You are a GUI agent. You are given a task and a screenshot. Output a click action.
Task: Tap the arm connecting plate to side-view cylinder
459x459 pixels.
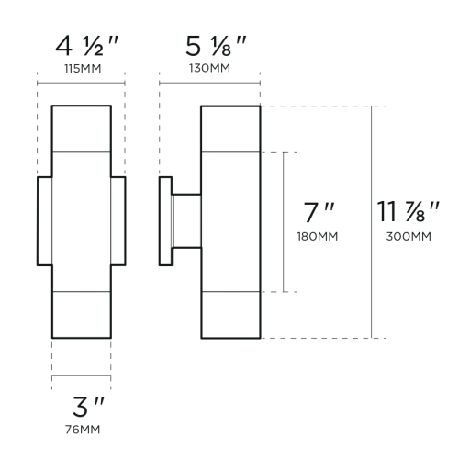click(185, 221)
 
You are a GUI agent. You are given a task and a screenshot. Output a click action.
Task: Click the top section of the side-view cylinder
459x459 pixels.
click(231, 129)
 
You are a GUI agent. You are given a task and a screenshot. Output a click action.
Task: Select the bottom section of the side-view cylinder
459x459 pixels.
click(231, 315)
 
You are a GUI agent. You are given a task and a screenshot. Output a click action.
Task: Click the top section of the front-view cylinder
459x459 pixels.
click(81, 129)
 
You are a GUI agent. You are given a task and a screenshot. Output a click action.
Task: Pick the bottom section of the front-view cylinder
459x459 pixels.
click(81, 315)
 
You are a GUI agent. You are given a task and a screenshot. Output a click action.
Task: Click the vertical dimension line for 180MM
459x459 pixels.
click(284, 184)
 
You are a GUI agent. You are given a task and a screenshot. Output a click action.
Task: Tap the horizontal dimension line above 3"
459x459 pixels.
click(81, 377)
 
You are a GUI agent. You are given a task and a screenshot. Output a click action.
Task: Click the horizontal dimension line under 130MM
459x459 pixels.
click(210, 84)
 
